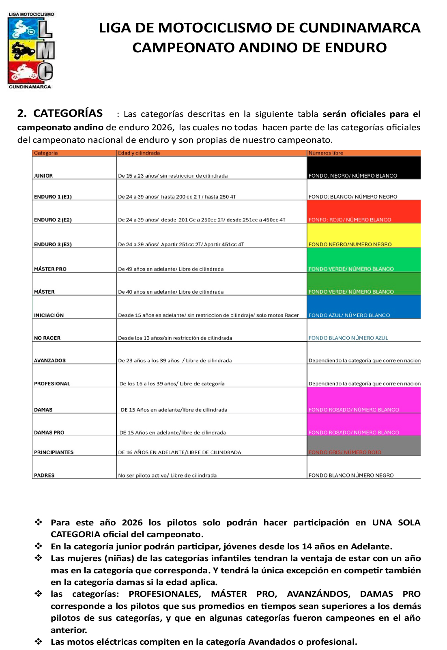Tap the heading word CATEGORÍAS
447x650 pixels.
point(68,113)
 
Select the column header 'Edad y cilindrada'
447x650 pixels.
point(139,153)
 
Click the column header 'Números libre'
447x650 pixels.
point(326,153)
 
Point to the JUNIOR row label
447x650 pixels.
point(43,176)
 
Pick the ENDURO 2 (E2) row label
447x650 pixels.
point(53,220)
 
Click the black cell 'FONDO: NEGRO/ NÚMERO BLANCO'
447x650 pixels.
point(363,168)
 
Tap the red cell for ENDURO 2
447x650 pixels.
point(363,212)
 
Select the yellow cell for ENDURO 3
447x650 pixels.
point(363,236)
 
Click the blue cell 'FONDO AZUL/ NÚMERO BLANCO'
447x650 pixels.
point(363,307)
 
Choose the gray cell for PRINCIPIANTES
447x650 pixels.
point(363,446)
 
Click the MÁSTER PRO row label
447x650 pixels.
point(50,269)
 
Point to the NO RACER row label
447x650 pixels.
point(47,338)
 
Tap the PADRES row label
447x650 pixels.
point(44,476)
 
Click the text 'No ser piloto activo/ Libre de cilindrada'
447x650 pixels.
point(167,476)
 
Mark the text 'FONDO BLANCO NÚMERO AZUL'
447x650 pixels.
point(348,338)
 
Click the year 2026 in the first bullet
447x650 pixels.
point(132,523)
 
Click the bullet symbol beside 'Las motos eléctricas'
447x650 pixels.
point(39,641)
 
